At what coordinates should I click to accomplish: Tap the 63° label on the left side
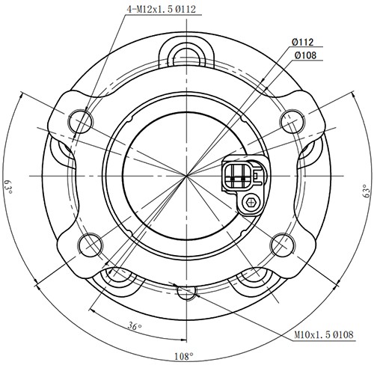pyautogui.click(x=9, y=186)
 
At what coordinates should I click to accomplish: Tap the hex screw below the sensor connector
pyautogui.click(x=252, y=202)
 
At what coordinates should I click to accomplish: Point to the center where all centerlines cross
pyautogui.click(x=185, y=175)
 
